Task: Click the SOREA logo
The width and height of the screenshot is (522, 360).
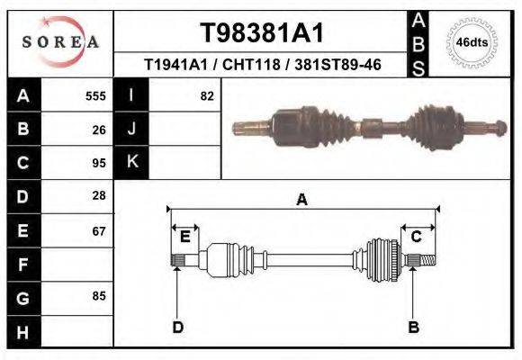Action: pyautogui.click(x=59, y=42)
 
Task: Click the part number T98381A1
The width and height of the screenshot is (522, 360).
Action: pyautogui.click(x=261, y=33)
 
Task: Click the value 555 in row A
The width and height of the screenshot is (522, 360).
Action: pyautogui.click(x=95, y=96)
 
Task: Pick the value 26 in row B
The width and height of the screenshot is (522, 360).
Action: pyautogui.click(x=99, y=130)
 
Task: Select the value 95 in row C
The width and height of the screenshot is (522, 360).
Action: pyautogui.click(x=99, y=163)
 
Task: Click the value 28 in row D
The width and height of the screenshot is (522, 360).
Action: pyautogui.click(x=99, y=196)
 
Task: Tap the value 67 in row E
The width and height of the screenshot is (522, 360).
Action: pyautogui.click(x=99, y=230)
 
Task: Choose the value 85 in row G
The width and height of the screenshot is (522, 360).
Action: pyautogui.click(x=99, y=295)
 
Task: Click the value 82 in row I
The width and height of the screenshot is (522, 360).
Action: pyautogui.click(x=207, y=96)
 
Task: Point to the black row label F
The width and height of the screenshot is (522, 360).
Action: pyautogui.click(x=22, y=264)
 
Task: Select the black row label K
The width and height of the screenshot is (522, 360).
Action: pyautogui.click(x=131, y=163)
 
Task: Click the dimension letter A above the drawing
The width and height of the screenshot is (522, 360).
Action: pyautogui.click(x=302, y=200)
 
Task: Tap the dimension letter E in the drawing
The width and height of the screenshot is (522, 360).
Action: pyautogui.click(x=184, y=237)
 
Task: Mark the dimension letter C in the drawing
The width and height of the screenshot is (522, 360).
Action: pyautogui.click(x=417, y=237)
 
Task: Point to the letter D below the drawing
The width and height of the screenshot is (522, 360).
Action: pyautogui.click(x=178, y=327)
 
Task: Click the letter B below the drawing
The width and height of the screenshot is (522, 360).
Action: pyautogui.click(x=414, y=327)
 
